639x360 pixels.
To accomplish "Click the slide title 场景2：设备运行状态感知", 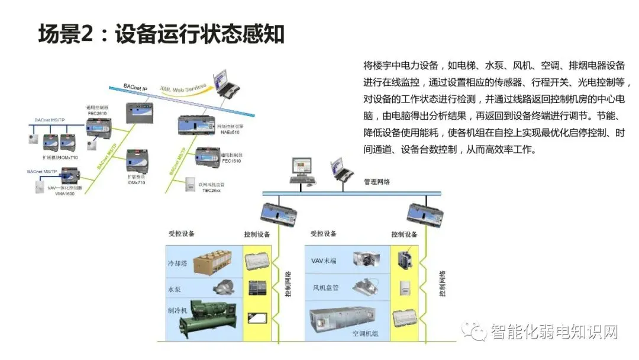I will coord(162,34).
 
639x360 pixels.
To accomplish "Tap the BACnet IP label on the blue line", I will coord(135,87).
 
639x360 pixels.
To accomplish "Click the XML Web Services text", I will coord(183,88).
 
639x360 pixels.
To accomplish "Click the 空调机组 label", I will coord(365,334).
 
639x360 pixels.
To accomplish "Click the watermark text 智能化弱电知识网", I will coord(553,332).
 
